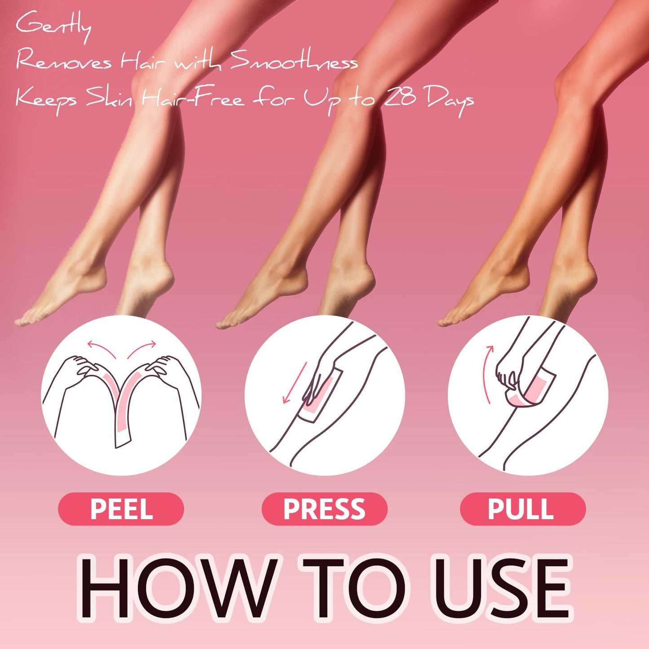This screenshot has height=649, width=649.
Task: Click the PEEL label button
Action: [121, 509]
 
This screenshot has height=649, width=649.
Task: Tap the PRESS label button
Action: [324, 509]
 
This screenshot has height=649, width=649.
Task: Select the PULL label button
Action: [522, 509]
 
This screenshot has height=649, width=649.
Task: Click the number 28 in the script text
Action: [400, 97]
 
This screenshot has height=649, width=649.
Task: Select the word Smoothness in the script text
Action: [294, 62]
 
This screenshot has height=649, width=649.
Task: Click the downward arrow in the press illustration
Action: [294, 382]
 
